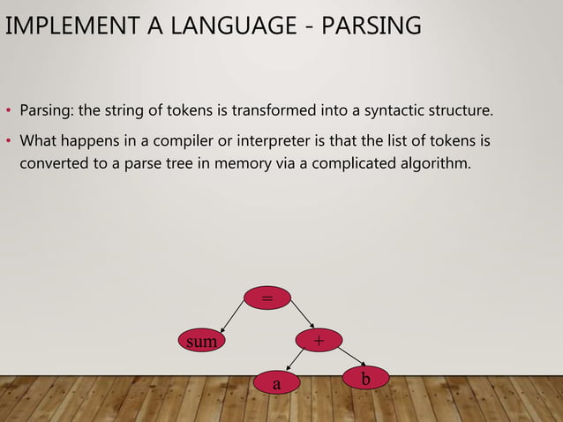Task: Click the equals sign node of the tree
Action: pos(266,298)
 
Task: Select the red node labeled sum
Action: pos(201,340)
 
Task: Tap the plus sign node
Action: pos(319,340)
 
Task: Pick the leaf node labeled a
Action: pos(276,384)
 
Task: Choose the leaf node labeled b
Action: pos(365,378)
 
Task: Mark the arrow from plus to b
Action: pos(347,357)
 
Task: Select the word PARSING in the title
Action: pos(372,26)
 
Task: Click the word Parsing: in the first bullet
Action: pos(47,112)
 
